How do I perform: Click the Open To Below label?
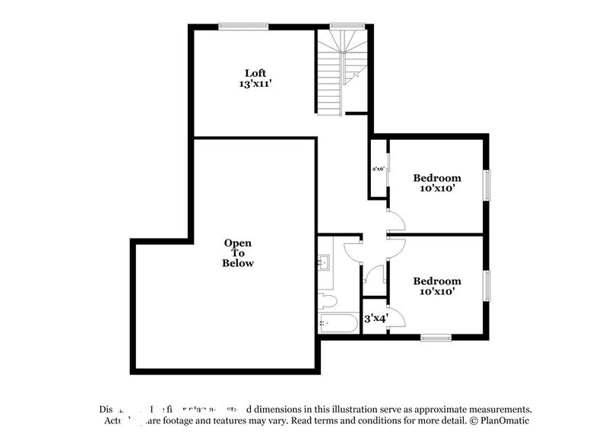click(237, 253)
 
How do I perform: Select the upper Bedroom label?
click(436, 178)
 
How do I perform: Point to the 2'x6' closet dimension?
click(379, 169)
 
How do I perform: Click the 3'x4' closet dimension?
click(376, 319)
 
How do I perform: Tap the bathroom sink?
click(323, 263)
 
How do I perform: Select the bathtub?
click(337, 323)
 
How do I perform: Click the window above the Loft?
click(243, 27)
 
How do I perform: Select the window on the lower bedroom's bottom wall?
click(436, 338)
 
